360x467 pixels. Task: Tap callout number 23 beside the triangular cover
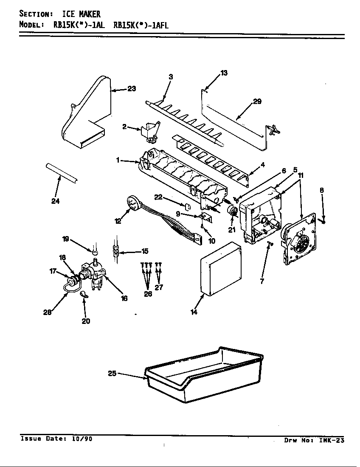132,89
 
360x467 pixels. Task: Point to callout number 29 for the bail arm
257,102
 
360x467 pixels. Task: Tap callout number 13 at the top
224,73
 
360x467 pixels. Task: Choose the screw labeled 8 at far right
324,221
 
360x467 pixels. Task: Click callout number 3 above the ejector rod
171,77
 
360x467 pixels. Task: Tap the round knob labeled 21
233,211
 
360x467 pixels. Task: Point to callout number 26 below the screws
148,294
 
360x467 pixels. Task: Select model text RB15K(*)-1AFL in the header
141,25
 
